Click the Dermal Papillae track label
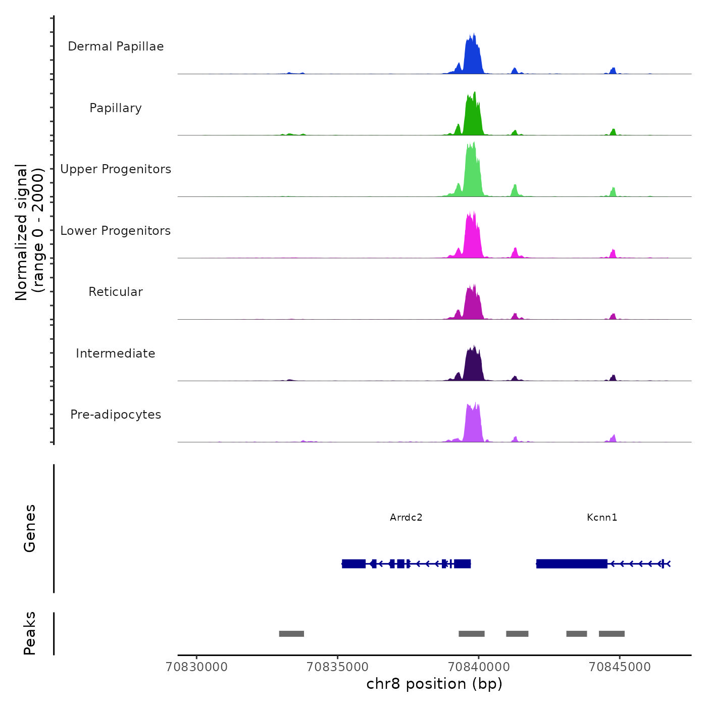pyautogui.click(x=116, y=46)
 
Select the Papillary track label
pyautogui.click(x=116, y=108)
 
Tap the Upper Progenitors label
pyautogui.click(x=116, y=169)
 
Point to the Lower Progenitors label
pyautogui.click(x=116, y=231)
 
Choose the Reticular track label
pyautogui.click(x=116, y=292)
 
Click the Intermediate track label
pyautogui.click(x=116, y=353)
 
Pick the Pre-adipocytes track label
pyautogui.click(x=116, y=415)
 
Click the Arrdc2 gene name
pyautogui.click(x=406, y=517)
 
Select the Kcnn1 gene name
pyautogui.click(x=602, y=517)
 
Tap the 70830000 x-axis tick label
pyautogui.click(x=197, y=667)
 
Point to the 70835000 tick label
pyautogui.click(x=338, y=667)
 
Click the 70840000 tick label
pyautogui.click(x=479, y=667)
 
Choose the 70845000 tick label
pyautogui.click(x=620, y=667)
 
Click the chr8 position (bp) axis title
pyautogui.click(x=434, y=684)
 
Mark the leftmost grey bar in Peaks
pyautogui.click(x=291, y=634)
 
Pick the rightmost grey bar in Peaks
pyautogui.click(x=612, y=634)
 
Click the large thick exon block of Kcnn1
pyautogui.click(x=572, y=564)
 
